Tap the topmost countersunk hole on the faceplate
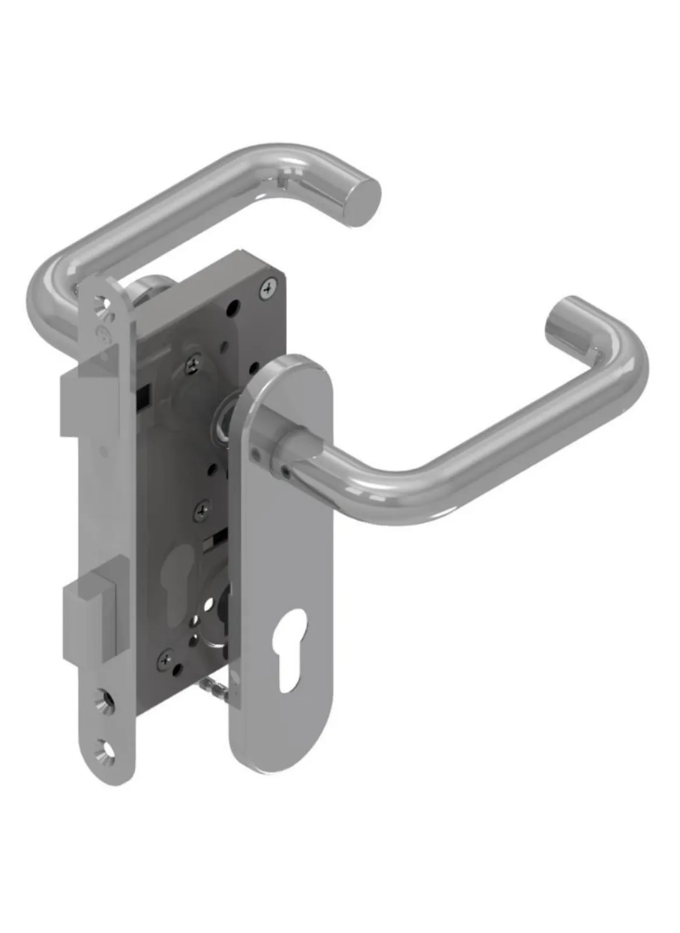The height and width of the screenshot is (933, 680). click(103, 304)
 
